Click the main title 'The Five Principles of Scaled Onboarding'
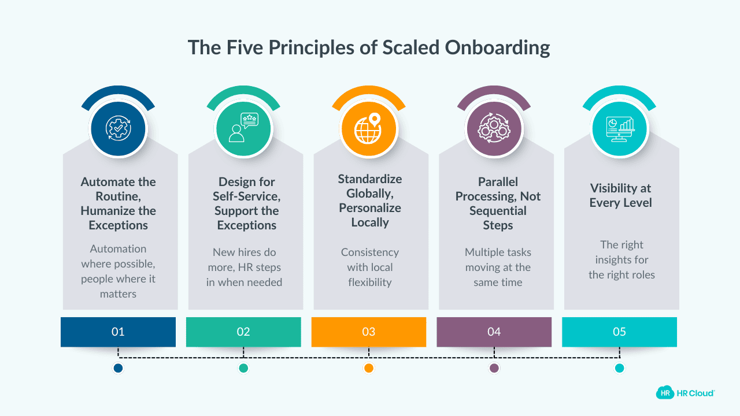pyautogui.click(x=369, y=47)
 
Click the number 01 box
pyautogui.click(x=118, y=332)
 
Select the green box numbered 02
pyautogui.click(x=243, y=332)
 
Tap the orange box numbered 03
pyautogui.click(x=369, y=332)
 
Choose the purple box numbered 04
pyautogui.click(x=494, y=332)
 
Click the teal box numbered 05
pyautogui.click(x=619, y=332)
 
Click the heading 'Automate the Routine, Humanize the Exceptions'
pyautogui.click(x=119, y=203)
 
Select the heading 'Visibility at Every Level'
pyautogui.click(x=621, y=195)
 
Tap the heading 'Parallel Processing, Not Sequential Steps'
pyautogui.click(x=498, y=203)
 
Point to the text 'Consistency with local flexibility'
pyautogui.click(x=370, y=267)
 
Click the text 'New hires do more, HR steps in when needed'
pyautogui.click(x=244, y=267)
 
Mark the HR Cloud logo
pyautogui.click(x=685, y=393)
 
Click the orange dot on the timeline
pyautogui.click(x=369, y=368)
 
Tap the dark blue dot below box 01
pyautogui.click(x=118, y=368)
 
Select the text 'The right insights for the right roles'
pyautogui.click(x=621, y=259)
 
